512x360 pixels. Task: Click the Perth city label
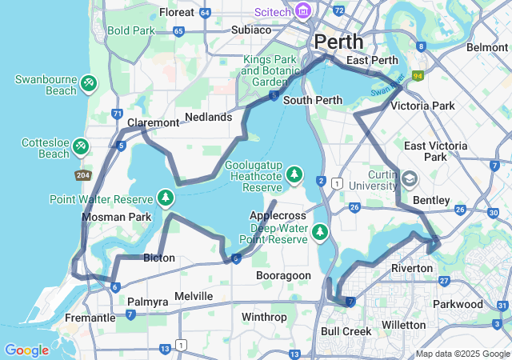point(338,42)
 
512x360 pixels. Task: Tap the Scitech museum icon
point(303,11)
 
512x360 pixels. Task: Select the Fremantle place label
point(90,318)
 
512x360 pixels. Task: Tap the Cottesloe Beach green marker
point(81,146)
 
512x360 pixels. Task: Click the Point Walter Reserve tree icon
point(166,197)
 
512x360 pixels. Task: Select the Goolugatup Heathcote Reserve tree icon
point(295,174)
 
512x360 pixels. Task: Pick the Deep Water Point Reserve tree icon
point(321,232)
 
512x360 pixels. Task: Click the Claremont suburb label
point(153,122)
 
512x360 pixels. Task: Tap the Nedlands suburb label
point(208,117)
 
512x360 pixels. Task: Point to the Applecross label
point(278,216)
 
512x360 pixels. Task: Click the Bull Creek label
point(346,330)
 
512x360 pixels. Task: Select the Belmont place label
point(486,47)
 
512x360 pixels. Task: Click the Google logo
point(26,350)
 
